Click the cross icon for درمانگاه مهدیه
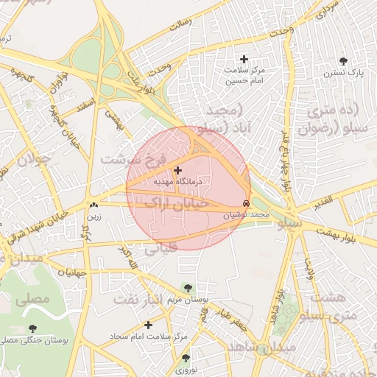click(x=177, y=170)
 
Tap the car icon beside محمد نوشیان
click(x=245, y=203)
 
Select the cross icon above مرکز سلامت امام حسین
click(x=244, y=59)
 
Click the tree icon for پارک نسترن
click(x=343, y=61)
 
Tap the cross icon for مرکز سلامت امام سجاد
click(x=149, y=324)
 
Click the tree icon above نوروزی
click(x=185, y=358)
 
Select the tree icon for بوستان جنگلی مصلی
click(x=32, y=328)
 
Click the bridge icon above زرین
click(x=94, y=205)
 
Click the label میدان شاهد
click(x=261, y=346)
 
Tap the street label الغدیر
click(x=326, y=200)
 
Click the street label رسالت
click(x=180, y=24)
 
